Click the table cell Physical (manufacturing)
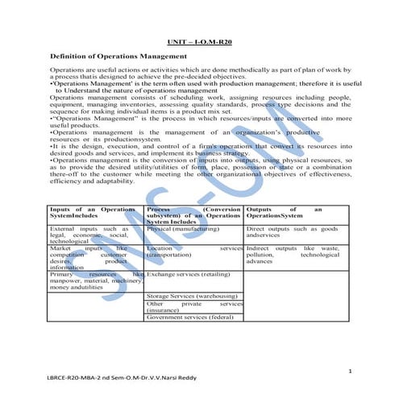click(x=183, y=229)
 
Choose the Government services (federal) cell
click(x=189, y=317)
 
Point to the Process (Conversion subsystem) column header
click(x=193, y=214)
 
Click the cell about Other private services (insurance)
click(x=193, y=306)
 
